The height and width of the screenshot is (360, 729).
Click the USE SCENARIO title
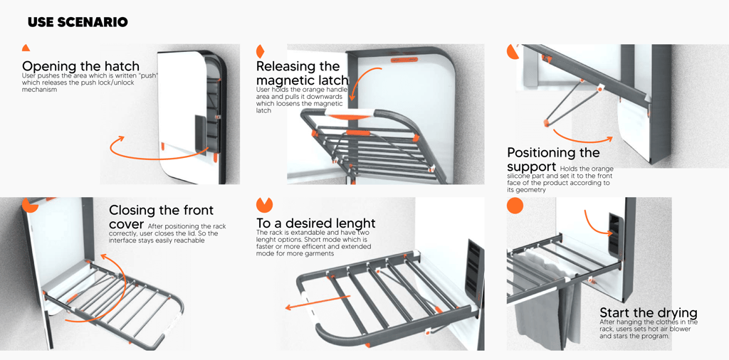click(x=78, y=23)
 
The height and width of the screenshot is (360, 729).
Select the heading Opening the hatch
click(x=80, y=66)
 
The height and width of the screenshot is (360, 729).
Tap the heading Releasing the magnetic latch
click(x=302, y=73)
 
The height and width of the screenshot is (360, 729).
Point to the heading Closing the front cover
click(x=161, y=216)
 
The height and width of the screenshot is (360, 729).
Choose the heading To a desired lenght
click(x=315, y=223)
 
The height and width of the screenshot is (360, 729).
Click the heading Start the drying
click(x=648, y=313)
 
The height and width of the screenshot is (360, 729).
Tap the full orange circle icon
click(x=515, y=206)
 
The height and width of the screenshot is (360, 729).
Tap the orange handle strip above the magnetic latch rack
click(x=404, y=60)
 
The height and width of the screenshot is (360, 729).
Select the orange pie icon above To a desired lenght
click(x=264, y=205)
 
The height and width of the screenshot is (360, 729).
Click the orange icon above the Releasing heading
click(x=260, y=51)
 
